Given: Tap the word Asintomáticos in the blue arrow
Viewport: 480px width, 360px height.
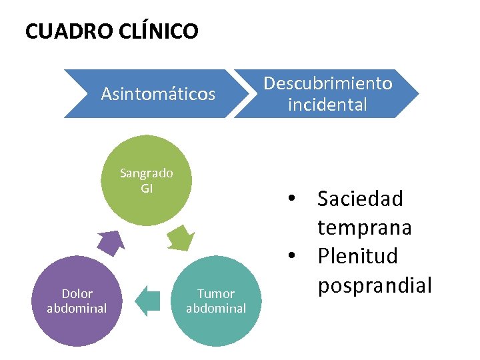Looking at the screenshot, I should [158, 94].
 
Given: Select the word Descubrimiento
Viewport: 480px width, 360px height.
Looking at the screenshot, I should [327, 83].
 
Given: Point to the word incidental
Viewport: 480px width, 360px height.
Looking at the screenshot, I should [327, 105].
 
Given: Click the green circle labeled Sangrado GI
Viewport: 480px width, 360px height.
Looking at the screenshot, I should [147, 181].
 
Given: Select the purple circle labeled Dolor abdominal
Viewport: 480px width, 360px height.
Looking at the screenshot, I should [77, 301].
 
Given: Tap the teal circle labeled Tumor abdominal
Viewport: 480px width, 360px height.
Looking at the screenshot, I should [215, 301].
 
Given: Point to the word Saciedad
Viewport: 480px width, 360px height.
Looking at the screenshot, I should [360, 199].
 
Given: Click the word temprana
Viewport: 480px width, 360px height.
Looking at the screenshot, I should [364, 227].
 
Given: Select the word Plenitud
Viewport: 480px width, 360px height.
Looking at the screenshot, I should [357, 256].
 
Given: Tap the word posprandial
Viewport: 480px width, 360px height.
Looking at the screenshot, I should [375, 285].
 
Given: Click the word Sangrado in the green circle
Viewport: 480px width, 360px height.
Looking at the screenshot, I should [147, 173].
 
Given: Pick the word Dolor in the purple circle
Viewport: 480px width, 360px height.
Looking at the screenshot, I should [77, 293].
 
